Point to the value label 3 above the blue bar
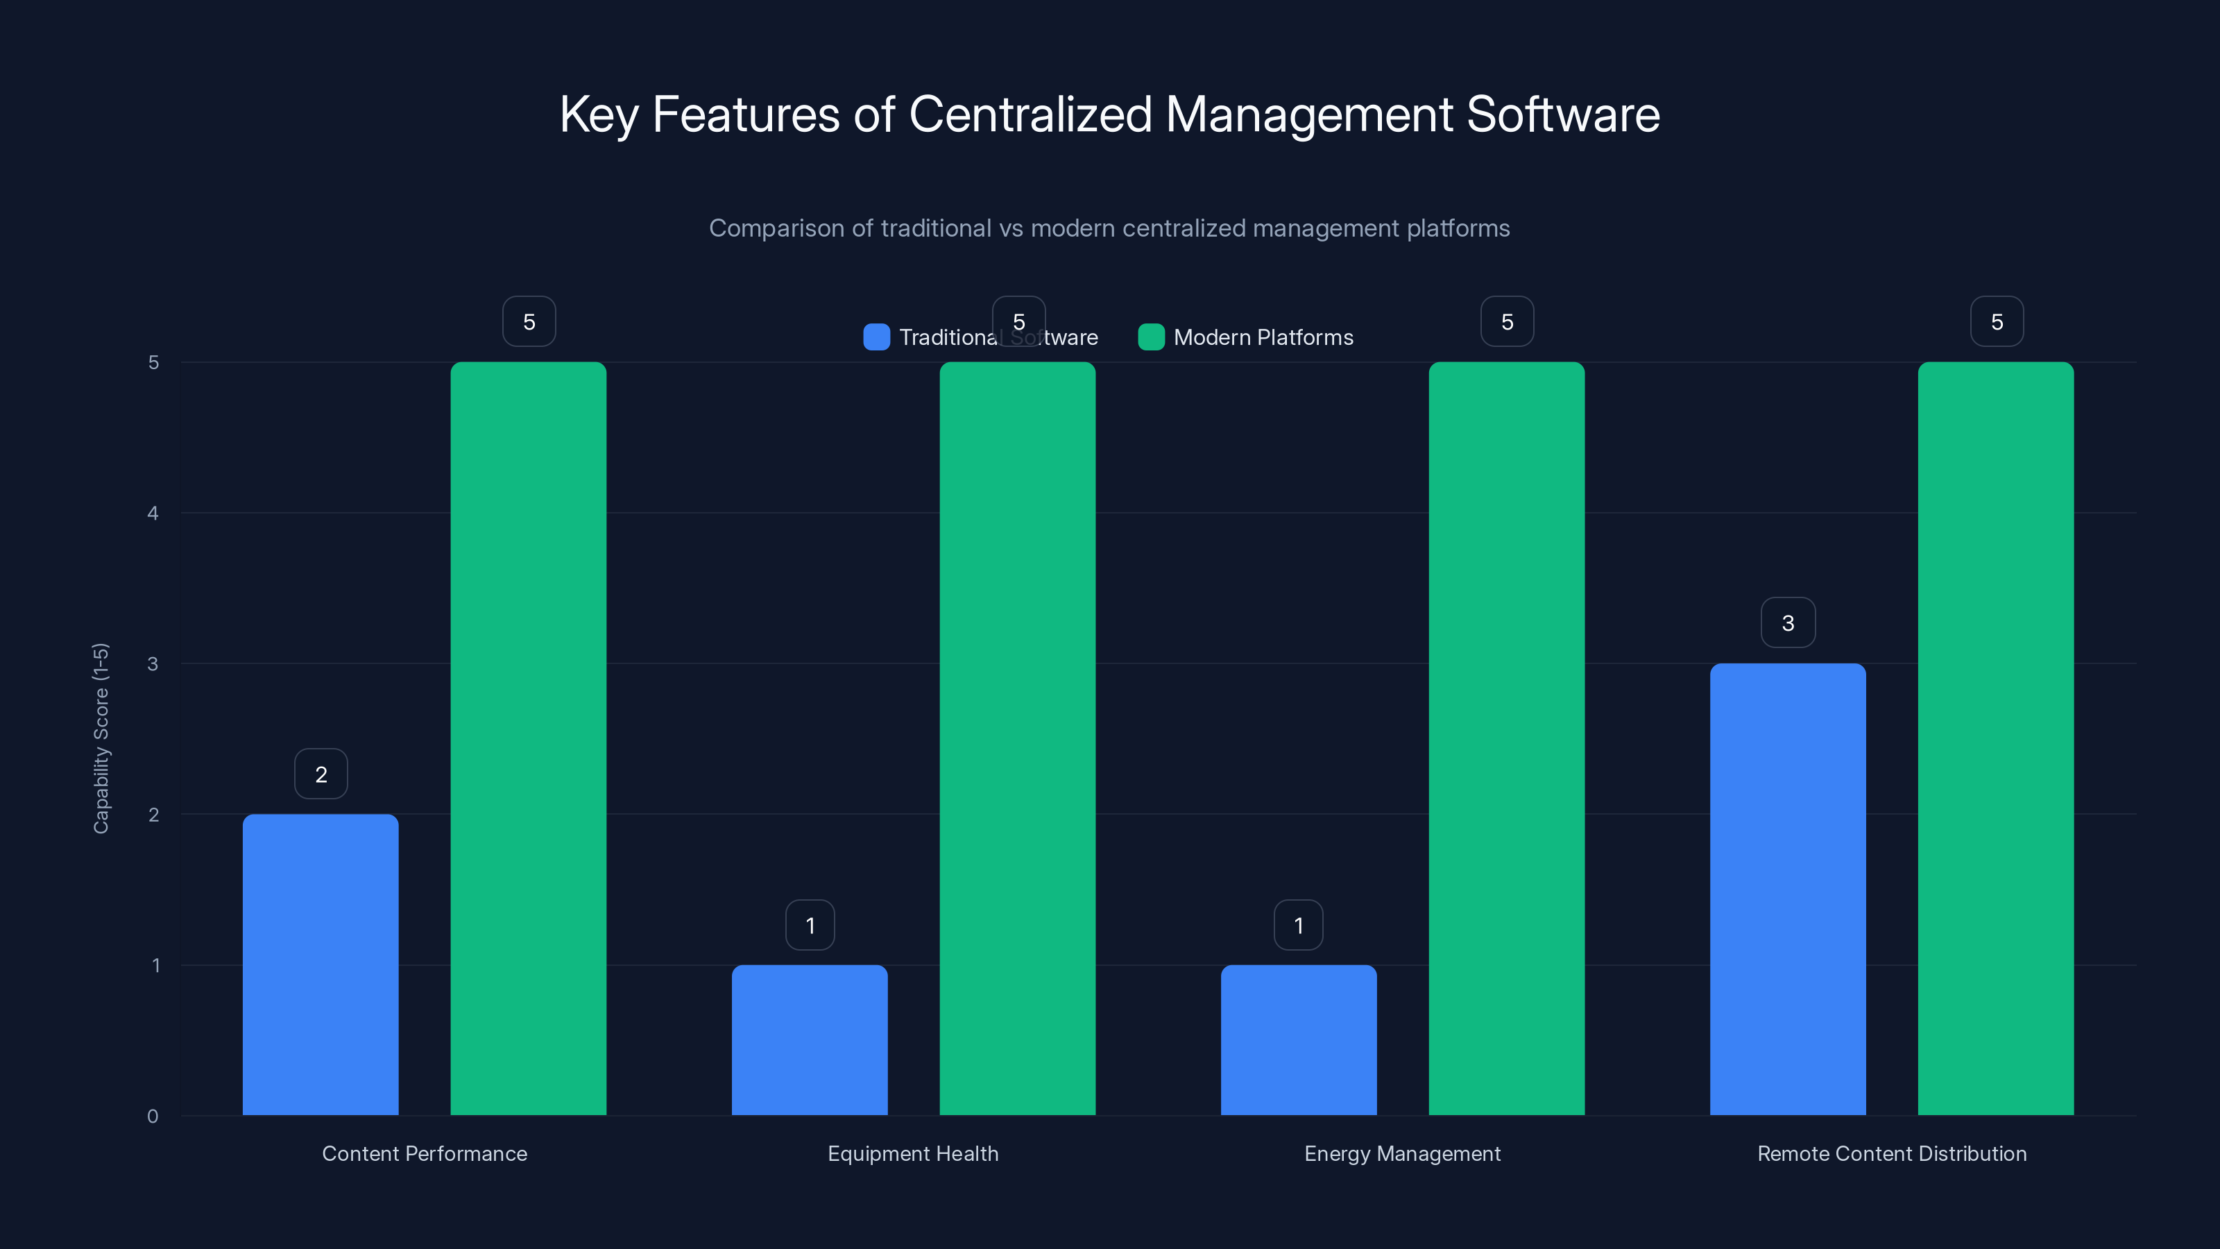click(1787, 622)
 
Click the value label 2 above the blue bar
click(321, 774)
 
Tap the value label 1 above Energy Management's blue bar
click(1298, 925)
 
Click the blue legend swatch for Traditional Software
click(876, 337)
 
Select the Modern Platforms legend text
click(1263, 337)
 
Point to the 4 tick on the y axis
click(153, 513)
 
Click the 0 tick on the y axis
click(153, 1116)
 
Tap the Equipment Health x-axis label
click(913, 1153)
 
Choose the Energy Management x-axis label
click(1402, 1153)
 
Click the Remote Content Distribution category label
click(1892, 1153)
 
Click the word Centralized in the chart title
click(1030, 114)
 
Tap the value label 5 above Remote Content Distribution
click(1996, 321)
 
